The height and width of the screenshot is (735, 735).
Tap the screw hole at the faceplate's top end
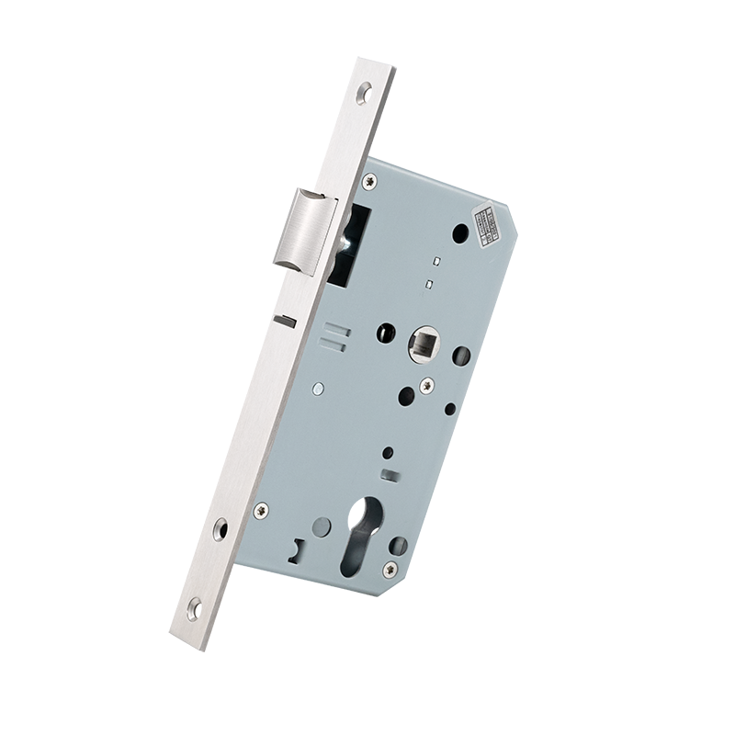(367, 93)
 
